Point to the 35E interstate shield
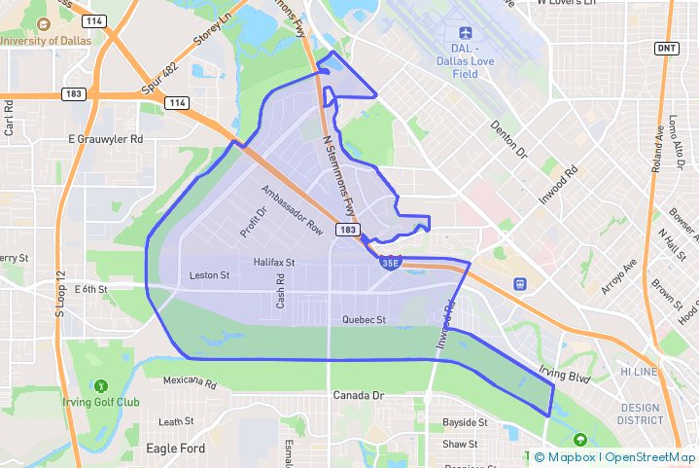[390, 263]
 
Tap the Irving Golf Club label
[101, 402]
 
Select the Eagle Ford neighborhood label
[175, 449]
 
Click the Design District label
[639, 414]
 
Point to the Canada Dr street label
[359, 396]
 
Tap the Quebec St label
[365, 319]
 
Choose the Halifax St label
[273, 263]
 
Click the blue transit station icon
[520, 284]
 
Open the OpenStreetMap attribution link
[650, 457]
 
